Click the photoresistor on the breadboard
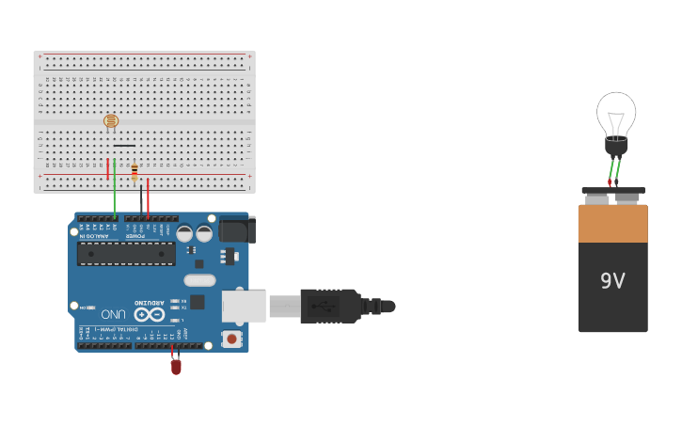tap(111, 120)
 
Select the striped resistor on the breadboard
tap(135, 172)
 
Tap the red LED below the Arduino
tap(176, 367)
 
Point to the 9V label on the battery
tap(612, 280)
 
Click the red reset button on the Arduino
tap(231, 339)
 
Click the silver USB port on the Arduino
tap(244, 306)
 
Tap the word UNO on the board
tap(114, 313)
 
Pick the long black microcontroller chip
tap(126, 254)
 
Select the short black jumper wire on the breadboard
tap(124, 146)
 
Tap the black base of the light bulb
tap(616, 146)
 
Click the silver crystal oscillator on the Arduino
tap(199, 279)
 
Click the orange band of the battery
tap(612, 224)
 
